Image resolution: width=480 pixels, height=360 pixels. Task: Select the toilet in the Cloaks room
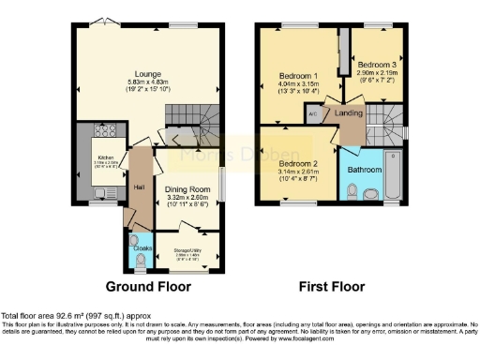[x=140, y=259]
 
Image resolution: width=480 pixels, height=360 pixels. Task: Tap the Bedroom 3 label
[x=378, y=63]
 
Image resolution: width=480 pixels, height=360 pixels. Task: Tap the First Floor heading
[x=332, y=285]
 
